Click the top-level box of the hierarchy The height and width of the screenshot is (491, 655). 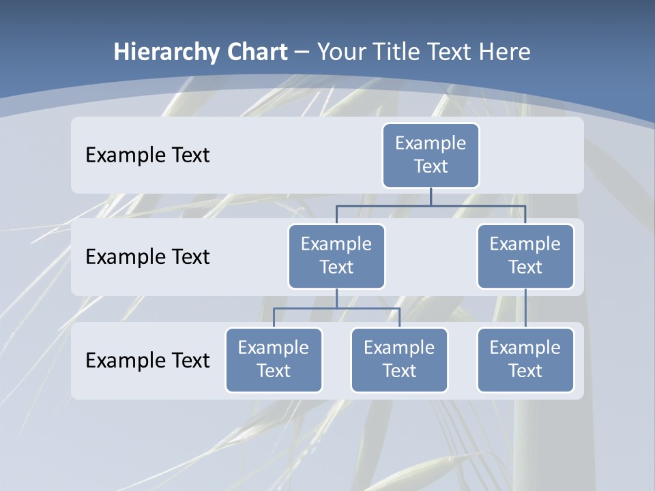[x=431, y=155]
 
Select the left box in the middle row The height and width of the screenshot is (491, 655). [x=336, y=256]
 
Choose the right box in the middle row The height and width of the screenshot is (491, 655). [x=525, y=256]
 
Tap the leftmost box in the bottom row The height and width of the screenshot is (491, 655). [x=274, y=359]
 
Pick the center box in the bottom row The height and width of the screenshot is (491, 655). [x=399, y=359]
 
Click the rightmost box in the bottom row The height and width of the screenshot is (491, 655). [x=525, y=359]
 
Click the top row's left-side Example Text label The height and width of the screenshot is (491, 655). [x=147, y=155]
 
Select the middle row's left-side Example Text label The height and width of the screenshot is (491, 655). [x=147, y=256]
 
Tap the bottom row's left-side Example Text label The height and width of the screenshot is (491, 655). [x=147, y=360]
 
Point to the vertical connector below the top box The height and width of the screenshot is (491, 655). [x=431, y=196]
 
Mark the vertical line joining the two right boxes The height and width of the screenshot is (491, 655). [x=525, y=308]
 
